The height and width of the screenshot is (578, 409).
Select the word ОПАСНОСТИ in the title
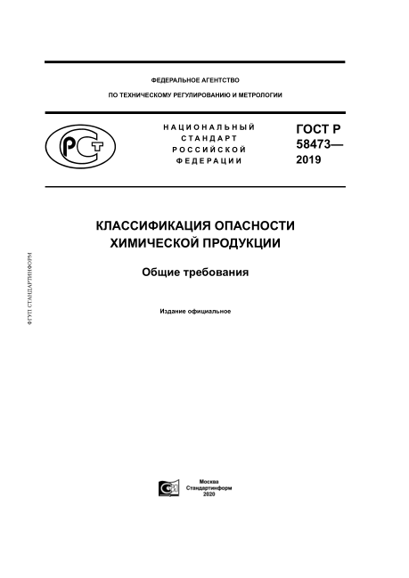tap(255, 226)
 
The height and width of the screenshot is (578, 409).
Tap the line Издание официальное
tap(195, 312)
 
